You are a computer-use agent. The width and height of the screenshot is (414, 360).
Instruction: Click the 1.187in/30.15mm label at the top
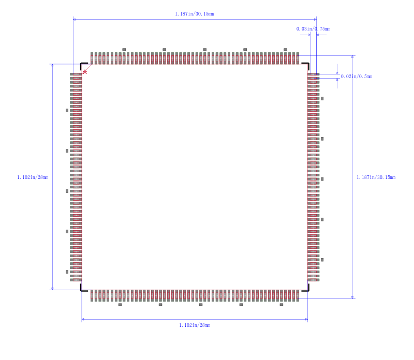pos(195,14)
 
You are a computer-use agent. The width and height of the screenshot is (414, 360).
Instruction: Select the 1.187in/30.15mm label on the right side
pos(376,177)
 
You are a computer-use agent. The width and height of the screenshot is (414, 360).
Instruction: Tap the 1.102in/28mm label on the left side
pos(33,177)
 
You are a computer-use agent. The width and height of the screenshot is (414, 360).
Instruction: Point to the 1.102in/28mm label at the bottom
pos(195,325)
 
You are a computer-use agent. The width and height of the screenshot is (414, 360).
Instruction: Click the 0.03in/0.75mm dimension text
pos(313,29)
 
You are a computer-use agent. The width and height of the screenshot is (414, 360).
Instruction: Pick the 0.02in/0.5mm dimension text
pos(357,76)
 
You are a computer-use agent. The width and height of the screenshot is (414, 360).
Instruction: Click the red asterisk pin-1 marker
pos(85,72)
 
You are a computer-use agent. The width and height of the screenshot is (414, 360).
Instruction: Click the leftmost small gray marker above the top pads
pos(124,49)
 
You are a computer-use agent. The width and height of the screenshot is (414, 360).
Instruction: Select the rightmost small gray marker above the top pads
pos(285,49)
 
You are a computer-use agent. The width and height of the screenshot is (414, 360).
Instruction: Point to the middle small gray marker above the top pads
pos(204,49)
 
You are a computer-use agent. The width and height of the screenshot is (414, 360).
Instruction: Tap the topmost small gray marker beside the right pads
pos(322,98)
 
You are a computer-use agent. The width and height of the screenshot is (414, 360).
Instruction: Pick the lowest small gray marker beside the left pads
pos(67,272)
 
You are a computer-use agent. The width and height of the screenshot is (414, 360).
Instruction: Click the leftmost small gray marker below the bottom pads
pos(120,305)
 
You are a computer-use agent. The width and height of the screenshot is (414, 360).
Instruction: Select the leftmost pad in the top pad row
pos(92,58)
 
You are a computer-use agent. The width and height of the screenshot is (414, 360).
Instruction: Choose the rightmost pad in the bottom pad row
pos(298,295)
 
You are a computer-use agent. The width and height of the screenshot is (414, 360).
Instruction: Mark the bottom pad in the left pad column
pos(76,280)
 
